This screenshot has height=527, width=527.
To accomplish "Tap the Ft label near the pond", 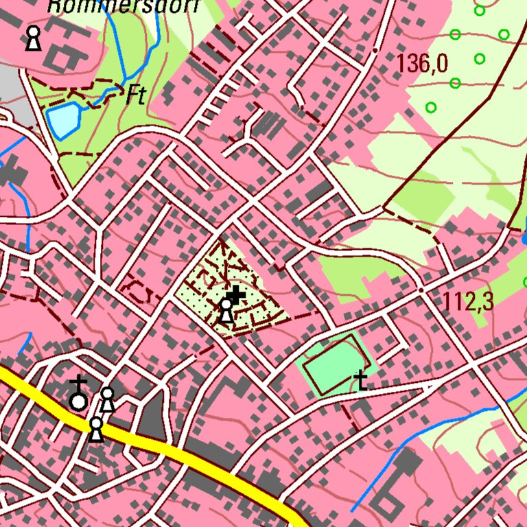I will [136, 96].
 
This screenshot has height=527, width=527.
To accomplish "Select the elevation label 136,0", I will [421, 65].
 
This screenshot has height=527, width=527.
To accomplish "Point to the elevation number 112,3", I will [468, 301].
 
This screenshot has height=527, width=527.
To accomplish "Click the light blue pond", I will [63, 120].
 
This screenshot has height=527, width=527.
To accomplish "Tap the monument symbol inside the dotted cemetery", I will [226, 311].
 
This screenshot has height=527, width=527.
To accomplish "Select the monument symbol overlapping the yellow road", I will [97, 430].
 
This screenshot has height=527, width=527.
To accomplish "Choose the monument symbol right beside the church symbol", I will [107, 399].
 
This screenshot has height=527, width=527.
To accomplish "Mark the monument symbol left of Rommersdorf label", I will [32, 38].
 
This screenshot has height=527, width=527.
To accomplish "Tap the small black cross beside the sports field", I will [360, 382].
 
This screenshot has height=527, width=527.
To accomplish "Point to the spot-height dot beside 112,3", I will [421, 290].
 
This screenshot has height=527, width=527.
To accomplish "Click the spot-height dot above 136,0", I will [375, 50].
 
